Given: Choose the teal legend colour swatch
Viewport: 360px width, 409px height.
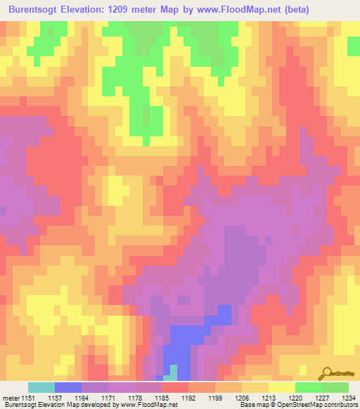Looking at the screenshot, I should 41,387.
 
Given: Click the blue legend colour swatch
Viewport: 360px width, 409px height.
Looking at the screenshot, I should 67,387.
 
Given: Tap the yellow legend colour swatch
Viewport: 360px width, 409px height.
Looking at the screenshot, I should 281,387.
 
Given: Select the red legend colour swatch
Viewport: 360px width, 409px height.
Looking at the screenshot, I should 174,387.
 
